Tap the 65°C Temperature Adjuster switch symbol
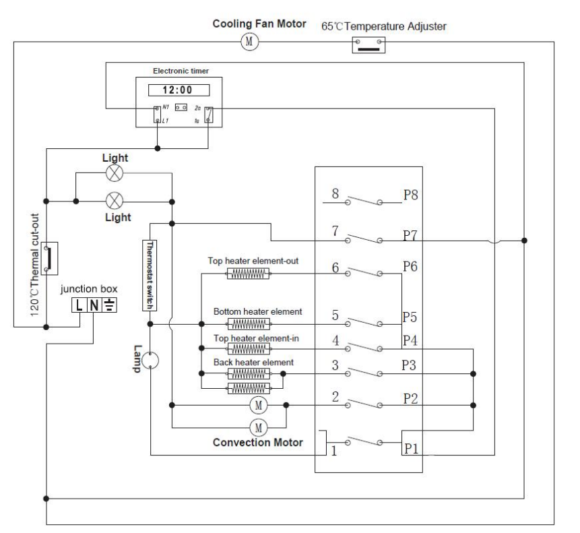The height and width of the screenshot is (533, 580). coord(367,44)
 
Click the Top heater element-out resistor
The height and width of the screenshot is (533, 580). coord(249,274)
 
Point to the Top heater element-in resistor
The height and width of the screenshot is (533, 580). coord(249,348)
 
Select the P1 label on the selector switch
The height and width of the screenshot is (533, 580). coord(412,447)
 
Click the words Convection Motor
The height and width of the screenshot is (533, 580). coord(258,443)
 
